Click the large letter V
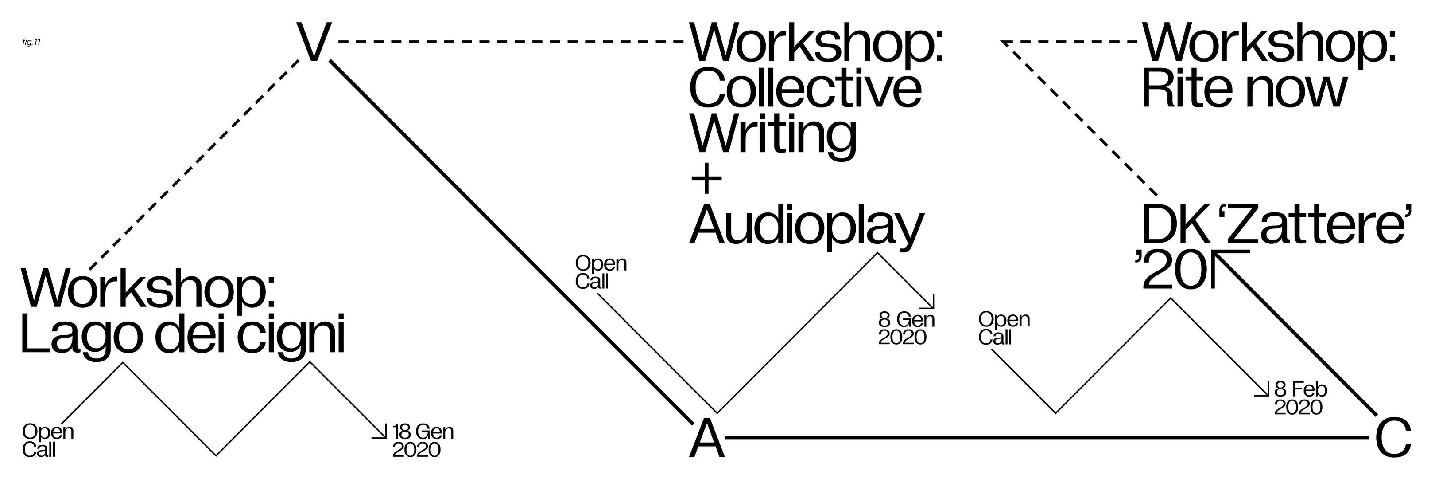pos(314,43)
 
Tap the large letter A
pos(707,438)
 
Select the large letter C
pos(1393,438)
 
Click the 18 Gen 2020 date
pos(423,440)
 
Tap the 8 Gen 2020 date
pos(906,329)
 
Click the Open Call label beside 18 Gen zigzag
pos(48,440)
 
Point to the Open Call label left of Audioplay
pos(601,273)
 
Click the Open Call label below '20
pos(1004,329)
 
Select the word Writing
pos(773,134)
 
